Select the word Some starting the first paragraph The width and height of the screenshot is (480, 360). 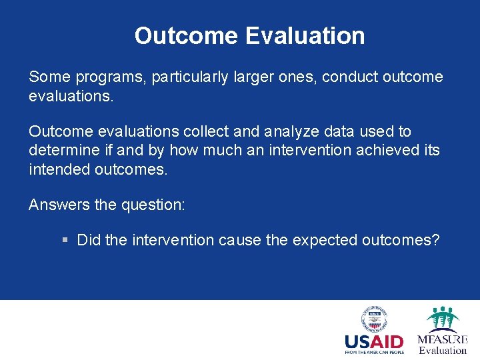click(x=47, y=77)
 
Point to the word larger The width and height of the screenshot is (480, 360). click(x=254, y=77)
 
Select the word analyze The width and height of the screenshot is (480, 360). click(x=284, y=132)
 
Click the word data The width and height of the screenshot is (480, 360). click(x=330, y=132)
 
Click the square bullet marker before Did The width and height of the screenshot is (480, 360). click(x=64, y=240)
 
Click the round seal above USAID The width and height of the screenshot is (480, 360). click(x=375, y=319)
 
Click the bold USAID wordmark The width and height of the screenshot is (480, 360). click(x=374, y=341)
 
